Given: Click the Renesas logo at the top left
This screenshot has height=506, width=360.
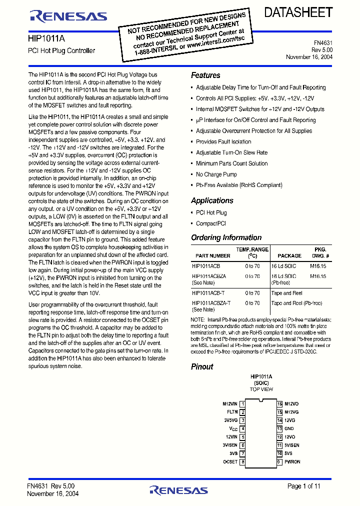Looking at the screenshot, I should [x=68, y=16].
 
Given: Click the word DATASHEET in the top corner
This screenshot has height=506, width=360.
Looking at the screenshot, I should [x=298, y=12].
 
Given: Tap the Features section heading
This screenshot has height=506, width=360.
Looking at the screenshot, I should [x=205, y=75].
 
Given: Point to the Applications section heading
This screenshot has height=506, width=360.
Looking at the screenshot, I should [x=212, y=200].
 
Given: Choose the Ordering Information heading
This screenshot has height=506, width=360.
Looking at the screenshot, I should [x=226, y=238].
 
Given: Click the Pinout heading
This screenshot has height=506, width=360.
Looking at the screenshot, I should [x=202, y=366].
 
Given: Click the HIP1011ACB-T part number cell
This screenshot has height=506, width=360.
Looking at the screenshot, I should [x=208, y=293].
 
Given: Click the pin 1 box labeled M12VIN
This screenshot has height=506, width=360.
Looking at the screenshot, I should [x=242, y=403].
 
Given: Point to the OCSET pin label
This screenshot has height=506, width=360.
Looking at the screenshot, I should [x=230, y=462].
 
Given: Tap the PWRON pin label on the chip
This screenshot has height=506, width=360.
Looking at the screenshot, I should [x=292, y=462].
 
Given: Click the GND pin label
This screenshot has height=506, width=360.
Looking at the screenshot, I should [x=289, y=428].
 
